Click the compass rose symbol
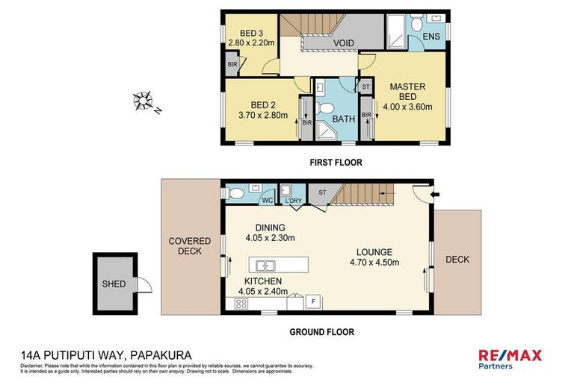[x=143, y=100]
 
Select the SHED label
[x=114, y=284]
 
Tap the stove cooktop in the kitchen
[x=241, y=303]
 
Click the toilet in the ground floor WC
[x=236, y=194]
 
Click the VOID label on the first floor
[x=343, y=43]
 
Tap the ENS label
[x=431, y=36]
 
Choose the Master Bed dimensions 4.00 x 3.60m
[x=408, y=106]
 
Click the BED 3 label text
[x=253, y=33]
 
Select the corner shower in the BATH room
[x=326, y=133]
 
